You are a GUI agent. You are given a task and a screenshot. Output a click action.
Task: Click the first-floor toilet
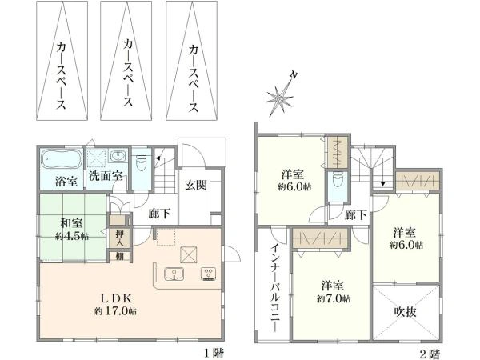point(141,164)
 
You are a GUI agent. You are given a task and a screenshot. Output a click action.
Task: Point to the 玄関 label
point(196,186)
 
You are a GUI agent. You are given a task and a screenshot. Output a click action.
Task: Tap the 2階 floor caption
point(429,352)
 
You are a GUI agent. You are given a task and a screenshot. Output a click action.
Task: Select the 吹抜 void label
point(406,309)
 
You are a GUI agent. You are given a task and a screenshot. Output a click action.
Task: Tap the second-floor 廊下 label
point(356,214)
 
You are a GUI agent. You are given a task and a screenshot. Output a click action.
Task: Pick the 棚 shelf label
point(119,256)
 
